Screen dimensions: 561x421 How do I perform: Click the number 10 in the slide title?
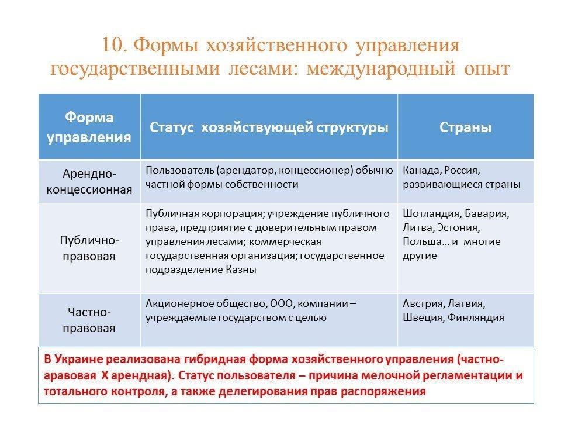tap(112, 46)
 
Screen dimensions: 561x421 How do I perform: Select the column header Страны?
tap(466, 127)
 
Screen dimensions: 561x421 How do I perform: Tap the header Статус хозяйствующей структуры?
tap(269, 127)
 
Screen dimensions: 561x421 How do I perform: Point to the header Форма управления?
tap(89, 127)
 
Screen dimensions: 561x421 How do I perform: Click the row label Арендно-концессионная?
tap(89, 181)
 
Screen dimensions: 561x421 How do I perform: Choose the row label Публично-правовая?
tap(89, 248)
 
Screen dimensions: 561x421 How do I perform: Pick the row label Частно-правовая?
tap(89, 320)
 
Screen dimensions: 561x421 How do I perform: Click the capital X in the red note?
tap(105, 375)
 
